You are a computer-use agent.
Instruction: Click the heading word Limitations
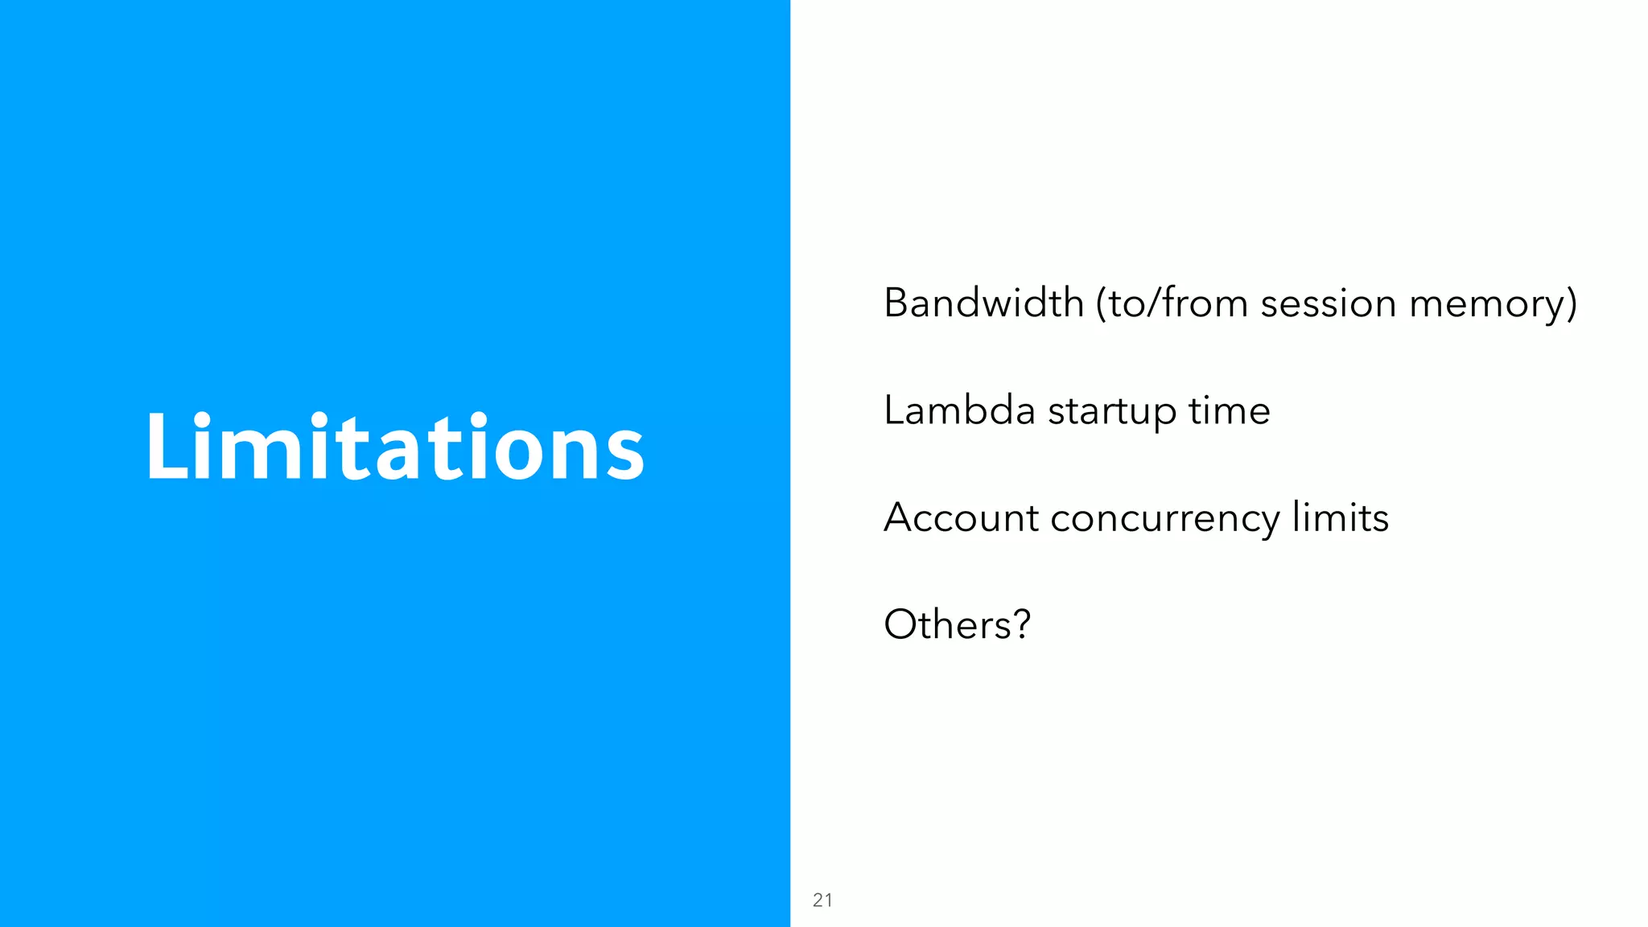[x=394, y=447]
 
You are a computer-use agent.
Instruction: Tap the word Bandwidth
[x=983, y=303]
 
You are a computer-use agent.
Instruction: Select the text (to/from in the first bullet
[x=1170, y=303]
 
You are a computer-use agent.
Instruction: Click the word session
[x=1328, y=304]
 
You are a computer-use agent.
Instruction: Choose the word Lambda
[x=958, y=410]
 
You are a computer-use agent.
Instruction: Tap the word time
[x=1229, y=410]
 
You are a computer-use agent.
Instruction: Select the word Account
[x=961, y=517]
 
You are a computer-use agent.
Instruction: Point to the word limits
[x=1340, y=517]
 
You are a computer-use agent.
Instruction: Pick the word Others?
[x=957, y=624]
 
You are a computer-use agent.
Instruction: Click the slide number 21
[x=822, y=900]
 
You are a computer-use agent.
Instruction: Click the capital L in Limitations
[x=163, y=447]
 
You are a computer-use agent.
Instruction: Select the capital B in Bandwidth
[x=896, y=303]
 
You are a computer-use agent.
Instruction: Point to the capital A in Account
[x=899, y=517]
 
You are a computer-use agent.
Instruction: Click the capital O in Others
[x=900, y=624]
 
